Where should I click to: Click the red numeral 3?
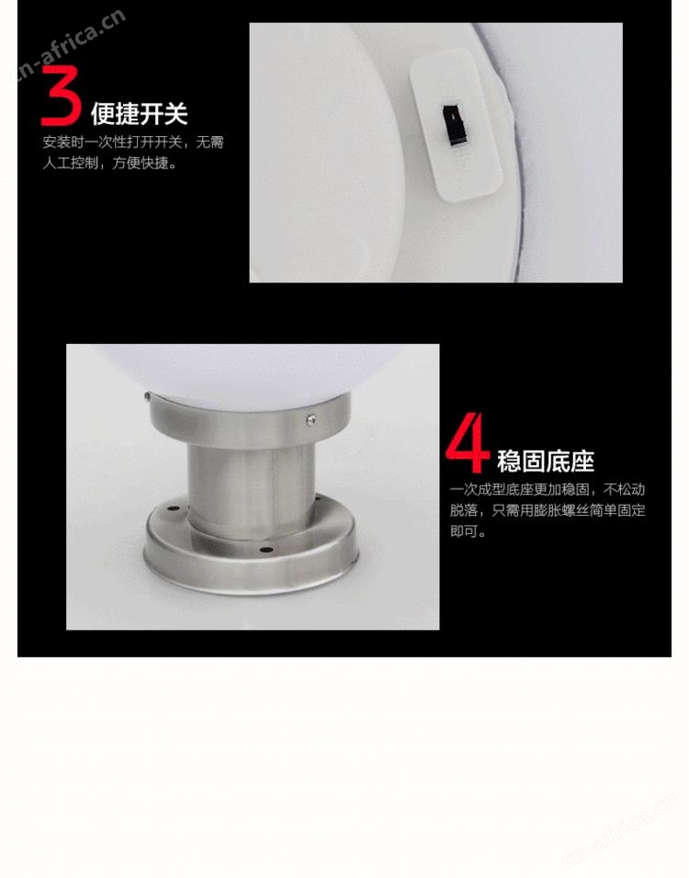click(61, 96)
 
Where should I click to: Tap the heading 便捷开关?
click(140, 114)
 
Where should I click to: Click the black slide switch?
click(455, 124)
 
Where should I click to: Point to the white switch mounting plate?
click(457, 124)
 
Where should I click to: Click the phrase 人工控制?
click(71, 164)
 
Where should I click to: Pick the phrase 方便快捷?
click(141, 164)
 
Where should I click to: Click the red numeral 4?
click(467, 443)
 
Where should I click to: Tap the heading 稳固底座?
click(545, 462)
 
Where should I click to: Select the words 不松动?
click(624, 490)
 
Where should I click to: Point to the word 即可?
click(464, 531)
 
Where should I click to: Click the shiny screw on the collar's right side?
click(311, 418)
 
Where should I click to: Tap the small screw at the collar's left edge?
click(147, 397)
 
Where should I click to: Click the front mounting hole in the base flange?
click(266, 550)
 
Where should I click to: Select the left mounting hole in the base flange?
click(173, 509)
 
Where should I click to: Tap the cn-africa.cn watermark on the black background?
click(68, 44)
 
